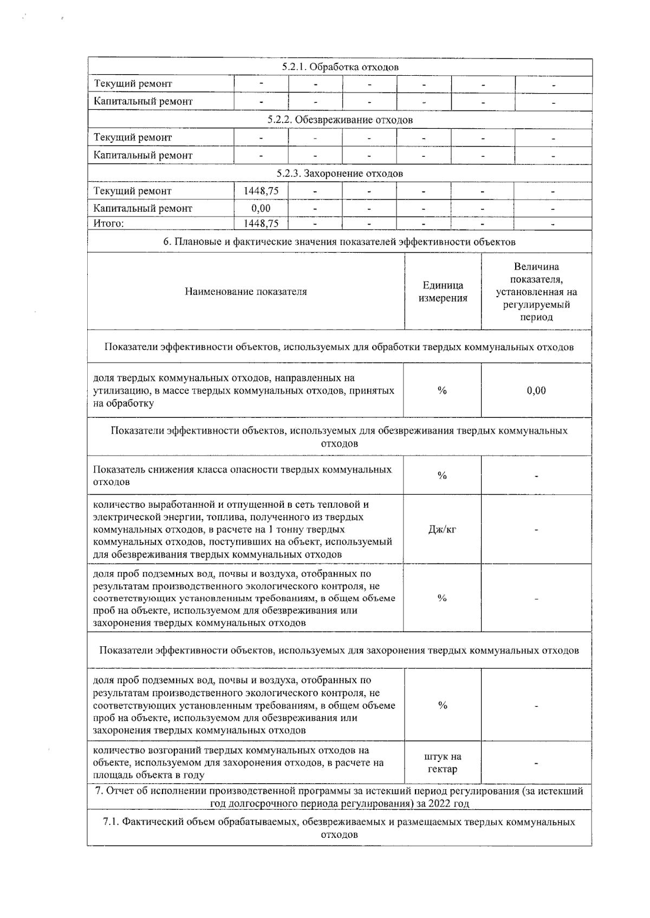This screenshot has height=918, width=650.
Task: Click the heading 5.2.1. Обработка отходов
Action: pyautogui.click(x=340, y=67)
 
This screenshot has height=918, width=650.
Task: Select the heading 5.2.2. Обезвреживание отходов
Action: pyautogui.click(x=340, y=120)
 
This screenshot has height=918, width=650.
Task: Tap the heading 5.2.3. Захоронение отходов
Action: pyautogui.click(x=340, y=173)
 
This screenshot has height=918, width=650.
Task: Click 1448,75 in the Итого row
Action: pyautogui.click(x=261, y=224)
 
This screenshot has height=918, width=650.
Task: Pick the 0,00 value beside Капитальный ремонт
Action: pyautogui.click(x=261, y=208)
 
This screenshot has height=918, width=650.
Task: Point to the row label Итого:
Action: pyautogui.click(x=109, y=224)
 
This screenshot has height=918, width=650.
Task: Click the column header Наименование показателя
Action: pyautogui.click(x=246, y=292)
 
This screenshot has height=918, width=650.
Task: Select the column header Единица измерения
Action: pyautogui.click(x=443, y=292)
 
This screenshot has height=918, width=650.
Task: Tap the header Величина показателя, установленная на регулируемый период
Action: pyautogui.click(x=536, y=292)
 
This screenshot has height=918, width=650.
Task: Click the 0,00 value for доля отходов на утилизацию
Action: pyautogui.click(x=536, y=390)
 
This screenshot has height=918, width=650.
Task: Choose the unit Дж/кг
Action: pyautogui.click(x=442, y=529)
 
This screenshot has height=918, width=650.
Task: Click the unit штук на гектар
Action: pyautogui.click(x=443, y=763)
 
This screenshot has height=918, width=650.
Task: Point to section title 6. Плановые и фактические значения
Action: pyautogui.click(x=340, y=242)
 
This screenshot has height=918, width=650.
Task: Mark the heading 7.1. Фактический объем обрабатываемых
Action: pyautogui.click(x=340, y=828)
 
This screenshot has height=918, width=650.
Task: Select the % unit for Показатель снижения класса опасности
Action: pyautogui.click(x=442, y=475)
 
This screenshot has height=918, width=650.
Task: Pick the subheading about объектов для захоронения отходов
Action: pyautogui.click(x=340, y=650)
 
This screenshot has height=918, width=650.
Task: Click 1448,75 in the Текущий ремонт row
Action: pyautogui.click(x=261, y=191)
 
